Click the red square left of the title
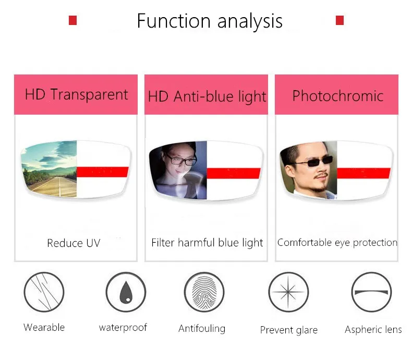click(72, 20)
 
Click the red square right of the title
click(340, 20)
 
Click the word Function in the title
click(174, 21)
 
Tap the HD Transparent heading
click(77, 95)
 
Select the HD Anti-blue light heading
click(207, 96)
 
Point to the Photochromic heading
click(338, 96)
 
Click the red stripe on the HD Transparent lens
click(102, 172)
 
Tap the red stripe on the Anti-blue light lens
click(233, 173)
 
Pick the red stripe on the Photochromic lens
click(363, 173)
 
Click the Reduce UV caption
click(74, 243)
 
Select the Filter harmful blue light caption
click(207, 243)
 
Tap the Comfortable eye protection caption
click(337, 243)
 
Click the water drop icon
click(126, 292)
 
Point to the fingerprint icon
click(204, 292)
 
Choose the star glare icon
click(288, 292)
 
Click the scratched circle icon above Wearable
click(44, 292)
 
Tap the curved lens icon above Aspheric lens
click(371, 292)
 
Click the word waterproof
click(123, 328)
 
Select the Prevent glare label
click(289, 330)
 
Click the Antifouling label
click(202, 329)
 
